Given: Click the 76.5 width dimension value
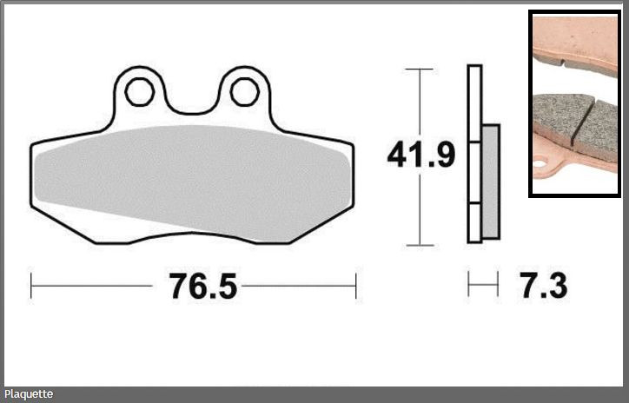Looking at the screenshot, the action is coord(203,286).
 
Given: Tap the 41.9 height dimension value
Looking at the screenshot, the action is coord(421,155).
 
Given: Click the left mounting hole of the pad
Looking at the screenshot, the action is coord(140,92).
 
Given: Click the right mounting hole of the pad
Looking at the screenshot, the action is coord(245,92).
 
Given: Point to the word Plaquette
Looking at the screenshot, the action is coord(29,394).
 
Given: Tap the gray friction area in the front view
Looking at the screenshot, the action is coord(193,182).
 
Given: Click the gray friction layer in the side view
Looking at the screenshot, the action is coord(490,182).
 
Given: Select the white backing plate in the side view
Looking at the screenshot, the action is coord(474,154).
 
